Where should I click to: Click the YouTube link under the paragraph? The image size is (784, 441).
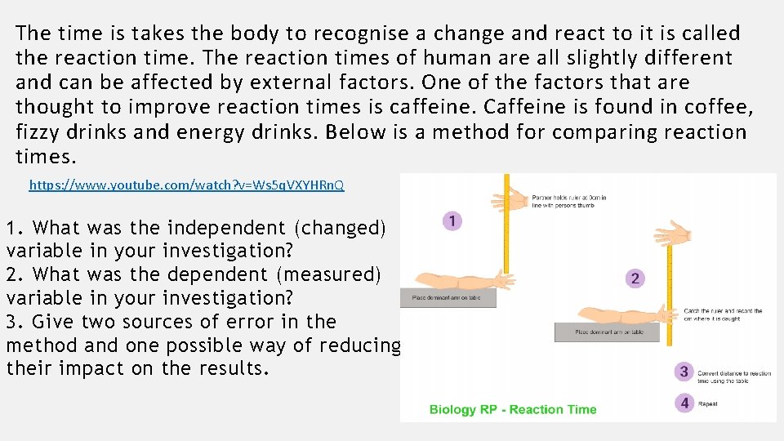tap(186, 185)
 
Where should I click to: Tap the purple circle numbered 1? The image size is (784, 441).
tap(452, 220)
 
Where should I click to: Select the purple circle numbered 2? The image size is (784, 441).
tap(635, 278)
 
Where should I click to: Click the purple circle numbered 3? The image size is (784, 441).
tap(684, 372)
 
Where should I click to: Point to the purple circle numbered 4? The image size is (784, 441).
tap(684, 403)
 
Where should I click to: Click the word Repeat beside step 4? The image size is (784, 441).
tap(707, 403)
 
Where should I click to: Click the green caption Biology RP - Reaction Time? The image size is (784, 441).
tap(513, 409)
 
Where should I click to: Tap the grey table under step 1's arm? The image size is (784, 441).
tap(448, 298)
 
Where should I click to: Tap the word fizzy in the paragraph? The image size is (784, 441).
tap(42, 131)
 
